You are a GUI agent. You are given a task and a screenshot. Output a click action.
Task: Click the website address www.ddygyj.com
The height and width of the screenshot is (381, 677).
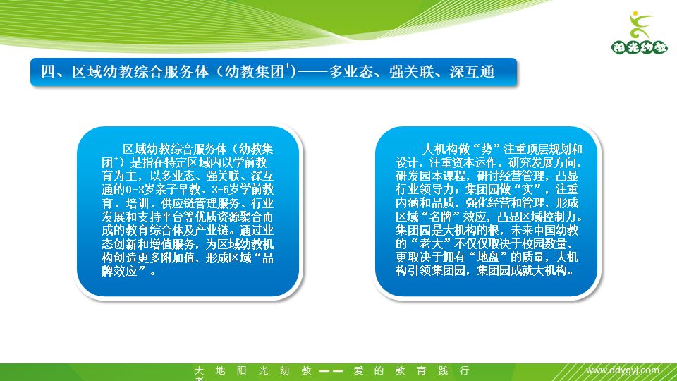coord(623,370)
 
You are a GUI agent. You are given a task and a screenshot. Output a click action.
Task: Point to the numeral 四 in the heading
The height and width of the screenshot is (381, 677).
coord(48,72)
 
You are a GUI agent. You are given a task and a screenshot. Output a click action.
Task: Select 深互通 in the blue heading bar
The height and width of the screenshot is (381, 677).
coord(472,72)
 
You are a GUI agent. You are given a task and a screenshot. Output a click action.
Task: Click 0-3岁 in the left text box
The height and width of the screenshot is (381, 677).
coord(142,190)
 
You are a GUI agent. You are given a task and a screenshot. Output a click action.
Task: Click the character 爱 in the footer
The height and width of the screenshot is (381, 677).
coord(358,370)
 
